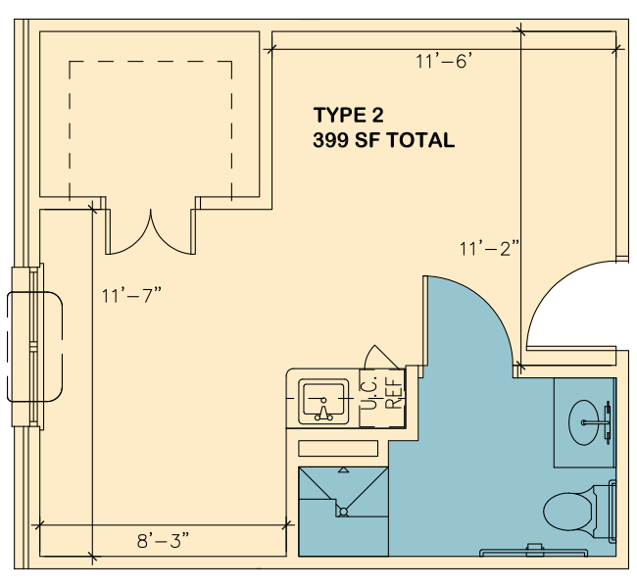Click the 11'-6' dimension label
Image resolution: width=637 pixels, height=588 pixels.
(444, 62)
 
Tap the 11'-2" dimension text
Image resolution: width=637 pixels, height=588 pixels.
(490, 248)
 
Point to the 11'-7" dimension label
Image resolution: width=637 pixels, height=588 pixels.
(131, 295)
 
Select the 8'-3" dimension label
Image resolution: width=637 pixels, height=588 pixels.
(164, 541)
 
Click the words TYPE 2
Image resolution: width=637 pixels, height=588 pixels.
(349, 115)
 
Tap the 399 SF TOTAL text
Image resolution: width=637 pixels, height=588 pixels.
(384, 140)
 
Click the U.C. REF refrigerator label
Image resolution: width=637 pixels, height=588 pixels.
(382, 393)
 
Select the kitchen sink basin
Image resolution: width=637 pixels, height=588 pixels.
(323, 402)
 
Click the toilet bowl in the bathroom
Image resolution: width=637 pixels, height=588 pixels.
(567, 512)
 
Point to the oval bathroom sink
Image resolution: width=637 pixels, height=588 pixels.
(583, 422)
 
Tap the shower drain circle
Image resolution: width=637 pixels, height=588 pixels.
(344, 512)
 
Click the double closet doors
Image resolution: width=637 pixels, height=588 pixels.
(151, 231)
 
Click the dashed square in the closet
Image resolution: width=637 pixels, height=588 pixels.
(151, 62)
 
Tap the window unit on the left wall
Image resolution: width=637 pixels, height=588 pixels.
(34, 347)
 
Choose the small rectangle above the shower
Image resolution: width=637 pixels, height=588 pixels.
(338, 449)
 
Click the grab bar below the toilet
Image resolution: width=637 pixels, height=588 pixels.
(534, 553)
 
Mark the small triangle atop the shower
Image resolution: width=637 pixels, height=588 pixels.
(344, 470)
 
